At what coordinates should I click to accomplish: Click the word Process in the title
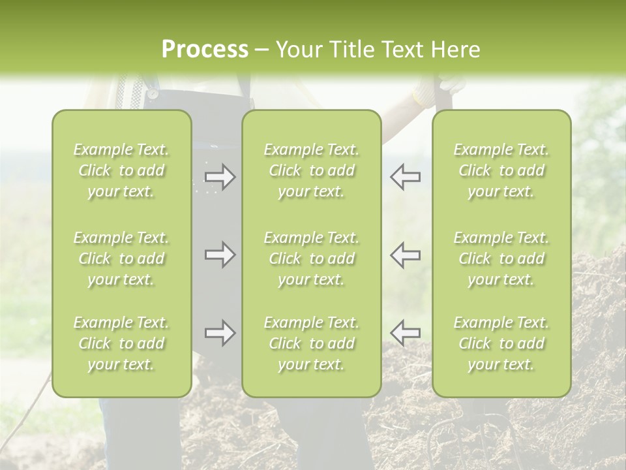[205, 50]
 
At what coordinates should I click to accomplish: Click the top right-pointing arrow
[220, 177]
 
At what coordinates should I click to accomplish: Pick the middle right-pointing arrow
[220, 254]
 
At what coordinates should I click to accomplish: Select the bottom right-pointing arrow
[220, 333]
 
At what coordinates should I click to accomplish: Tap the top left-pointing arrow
[406, 177]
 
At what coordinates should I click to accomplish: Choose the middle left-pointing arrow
[406, 254]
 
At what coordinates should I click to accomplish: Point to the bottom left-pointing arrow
[406, 333]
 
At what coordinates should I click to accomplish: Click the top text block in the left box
[121, 170]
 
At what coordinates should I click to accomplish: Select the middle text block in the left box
[121, 258]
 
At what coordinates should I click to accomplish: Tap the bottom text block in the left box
[121, 343]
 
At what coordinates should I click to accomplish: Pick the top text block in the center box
[311, 170]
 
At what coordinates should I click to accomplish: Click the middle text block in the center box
[311, 258]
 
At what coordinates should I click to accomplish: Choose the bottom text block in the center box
[311, 343]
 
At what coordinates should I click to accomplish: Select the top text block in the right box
[501, 170]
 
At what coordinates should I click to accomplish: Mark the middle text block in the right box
[501, 258]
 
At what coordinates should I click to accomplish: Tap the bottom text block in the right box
[501, 343]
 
